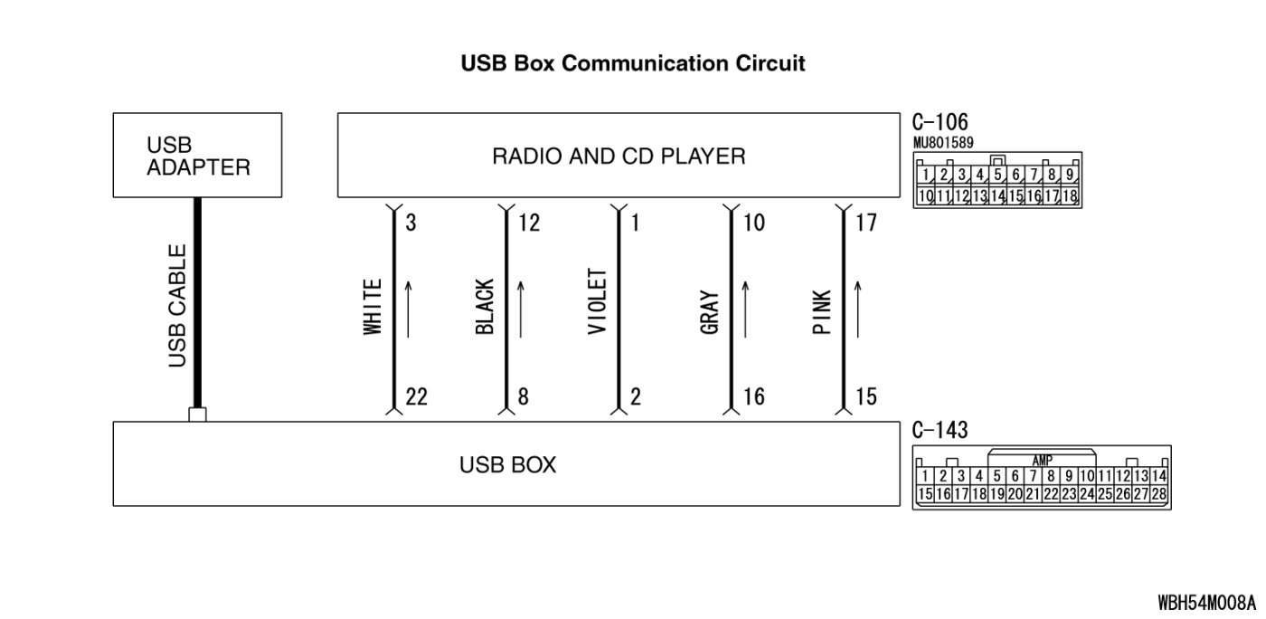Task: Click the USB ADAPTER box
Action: [198, 156]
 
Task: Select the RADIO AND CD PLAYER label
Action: [619, 157]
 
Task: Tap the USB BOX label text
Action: [507, 465]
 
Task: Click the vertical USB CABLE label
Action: [178, 306]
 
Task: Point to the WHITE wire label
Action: [373, 308]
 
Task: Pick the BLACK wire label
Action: [485, 308]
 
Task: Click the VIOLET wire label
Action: [597, 302]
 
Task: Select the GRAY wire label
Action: [710, 313]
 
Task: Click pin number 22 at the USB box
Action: [416, 397]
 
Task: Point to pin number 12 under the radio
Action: [529, 223]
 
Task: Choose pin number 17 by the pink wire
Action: [865, 223]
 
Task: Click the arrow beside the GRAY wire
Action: [746, 309]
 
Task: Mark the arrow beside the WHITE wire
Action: [409, 309]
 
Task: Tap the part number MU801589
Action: [944, 143]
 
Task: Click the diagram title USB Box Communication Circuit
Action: [633, 64]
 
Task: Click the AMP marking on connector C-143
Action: [1042, 461]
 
